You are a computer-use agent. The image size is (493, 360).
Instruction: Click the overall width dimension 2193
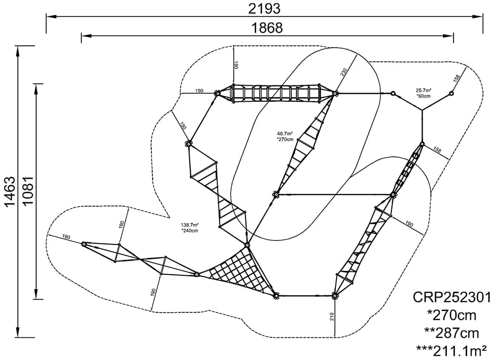pyautogui.click(x=264, y=8)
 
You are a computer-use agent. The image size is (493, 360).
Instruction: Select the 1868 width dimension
pyautogui.click(x=267, y=27)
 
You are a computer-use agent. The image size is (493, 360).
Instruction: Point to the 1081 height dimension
pyautogui.click(x=28, y=191)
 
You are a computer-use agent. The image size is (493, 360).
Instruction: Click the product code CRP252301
pyautogui.click(x=452, y=296)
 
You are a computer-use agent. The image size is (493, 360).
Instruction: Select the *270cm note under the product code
pyautogui.click(x=452, y=315)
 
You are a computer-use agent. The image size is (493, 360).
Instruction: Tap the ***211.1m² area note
pyautogui.click(x=452, y=349)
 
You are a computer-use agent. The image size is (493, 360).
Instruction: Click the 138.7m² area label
pyautogui.click(x=190, y=225)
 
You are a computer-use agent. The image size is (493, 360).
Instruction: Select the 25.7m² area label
pyautogui.click(x=424, y=90)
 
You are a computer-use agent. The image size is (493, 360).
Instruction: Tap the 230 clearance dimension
pyautogui.click(x=343, y=72)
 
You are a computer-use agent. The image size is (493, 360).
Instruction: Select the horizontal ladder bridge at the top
pyautogui.click(x=277, y=93)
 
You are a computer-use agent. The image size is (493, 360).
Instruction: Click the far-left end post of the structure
pyautogui.click(x=84, y=244)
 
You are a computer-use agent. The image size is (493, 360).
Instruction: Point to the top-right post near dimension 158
pyautogui.click(x=452, y=93)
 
